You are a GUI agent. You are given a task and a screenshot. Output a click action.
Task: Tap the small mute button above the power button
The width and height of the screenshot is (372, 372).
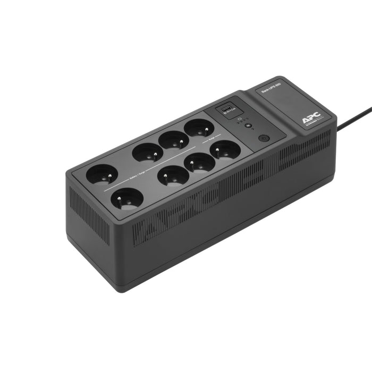pyautogui.click(x=247, y=125)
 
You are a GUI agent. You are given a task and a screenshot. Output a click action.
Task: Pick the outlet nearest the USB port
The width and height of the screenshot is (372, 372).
pyautogui.click(x=199, y=127)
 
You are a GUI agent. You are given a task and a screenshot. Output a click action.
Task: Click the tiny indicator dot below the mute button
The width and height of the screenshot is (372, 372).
pyautogui.click(x=253, y=129)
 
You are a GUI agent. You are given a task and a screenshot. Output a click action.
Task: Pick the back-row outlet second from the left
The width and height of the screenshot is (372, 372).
pyautogui.click(x=148, y=152)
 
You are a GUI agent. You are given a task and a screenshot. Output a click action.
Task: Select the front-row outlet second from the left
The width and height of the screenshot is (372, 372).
pyautogui.click(x=174, y=175)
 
